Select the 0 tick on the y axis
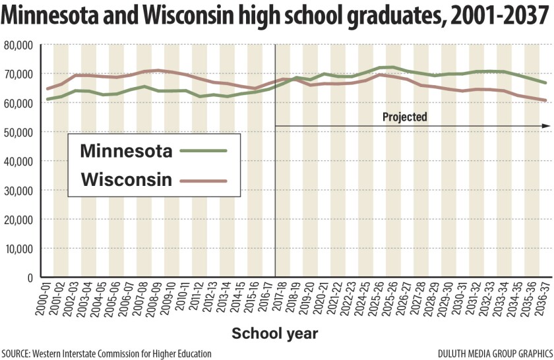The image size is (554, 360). pyautogui.click(x=30, y=278)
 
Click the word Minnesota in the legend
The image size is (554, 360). pyautogui.click(x=126, y=151)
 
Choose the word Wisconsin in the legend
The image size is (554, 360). pyautogui.click(x=127, y=179)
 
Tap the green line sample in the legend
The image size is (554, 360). pyautogui.click(x=202, y=151)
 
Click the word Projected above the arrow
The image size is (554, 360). pyautogui.click(x=405, y=117)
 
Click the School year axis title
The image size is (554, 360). pyautogui.click(x=275, y=334)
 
